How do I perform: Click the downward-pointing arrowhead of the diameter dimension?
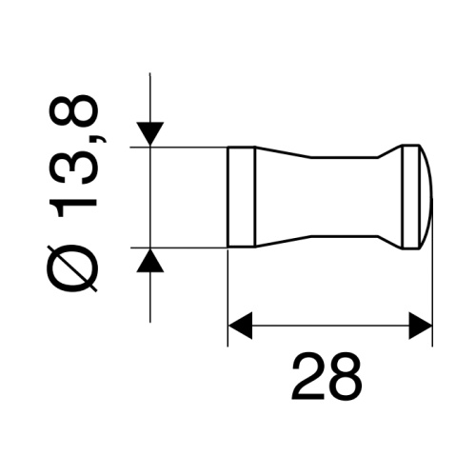click(151, 134)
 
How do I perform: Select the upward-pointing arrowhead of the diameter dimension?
click(151, 259)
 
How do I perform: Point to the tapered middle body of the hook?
click(324, 196)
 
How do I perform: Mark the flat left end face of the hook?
click(228, 196)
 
